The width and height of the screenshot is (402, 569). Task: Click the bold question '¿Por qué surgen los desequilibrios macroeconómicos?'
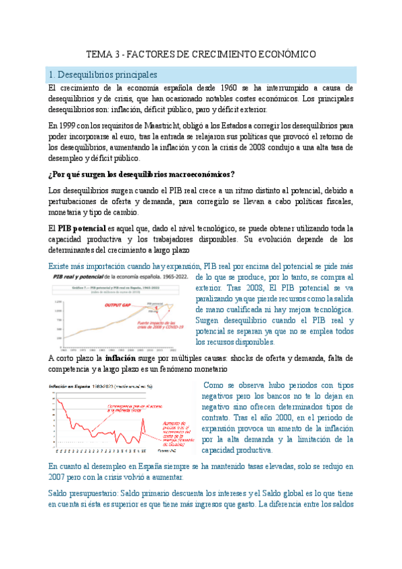tap(142, 174)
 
